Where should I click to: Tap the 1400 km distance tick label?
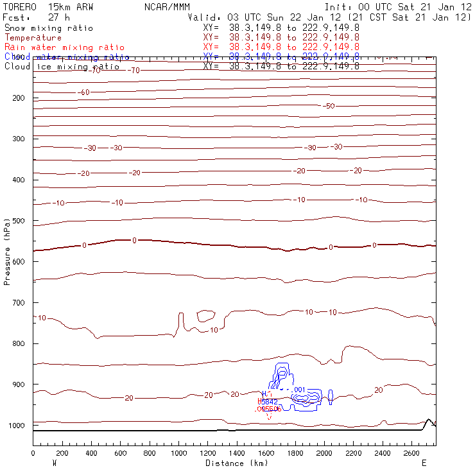(237, 453)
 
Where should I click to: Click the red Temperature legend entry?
(33, 38)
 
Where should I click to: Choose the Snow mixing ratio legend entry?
(49, 28)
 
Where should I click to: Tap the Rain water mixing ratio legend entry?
(64, 47)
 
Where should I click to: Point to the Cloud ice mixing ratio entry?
(62, 66)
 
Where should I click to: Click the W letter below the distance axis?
(53, 462)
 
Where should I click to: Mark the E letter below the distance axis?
(424, 462)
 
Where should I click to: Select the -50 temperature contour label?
(329, 106)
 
